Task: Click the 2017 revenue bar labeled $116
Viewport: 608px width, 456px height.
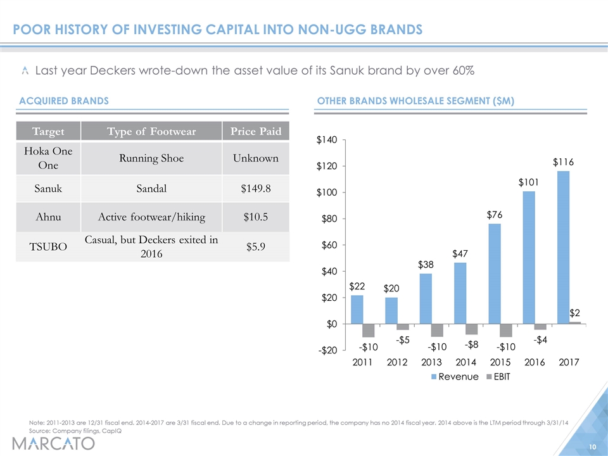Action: [564, 248]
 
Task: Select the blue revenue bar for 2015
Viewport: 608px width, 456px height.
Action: [495, 274]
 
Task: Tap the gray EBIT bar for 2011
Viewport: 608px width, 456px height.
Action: [369, 331]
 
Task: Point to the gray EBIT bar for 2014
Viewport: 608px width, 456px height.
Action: [472, 329]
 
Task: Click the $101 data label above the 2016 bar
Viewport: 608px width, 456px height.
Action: [528, 182]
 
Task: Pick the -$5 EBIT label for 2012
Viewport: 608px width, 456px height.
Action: [403, 340]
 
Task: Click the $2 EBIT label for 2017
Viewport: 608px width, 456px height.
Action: [574, 312]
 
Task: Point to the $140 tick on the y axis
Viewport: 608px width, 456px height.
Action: [327, 139]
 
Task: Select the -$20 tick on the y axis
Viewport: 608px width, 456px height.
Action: [327, 350]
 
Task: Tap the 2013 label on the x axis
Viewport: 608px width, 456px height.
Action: [431, 362]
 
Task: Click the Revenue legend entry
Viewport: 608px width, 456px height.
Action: [455, 377]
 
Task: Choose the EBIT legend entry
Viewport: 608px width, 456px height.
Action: [498, 377]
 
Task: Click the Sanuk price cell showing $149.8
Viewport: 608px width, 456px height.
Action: [255, 189]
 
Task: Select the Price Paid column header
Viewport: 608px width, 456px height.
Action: [256, 131]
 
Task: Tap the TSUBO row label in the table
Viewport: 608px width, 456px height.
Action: [48, 246]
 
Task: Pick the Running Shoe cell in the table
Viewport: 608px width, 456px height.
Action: [151, 158]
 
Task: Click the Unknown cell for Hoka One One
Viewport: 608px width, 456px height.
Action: [255, 158]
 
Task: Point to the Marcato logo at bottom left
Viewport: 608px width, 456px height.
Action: [53, 443]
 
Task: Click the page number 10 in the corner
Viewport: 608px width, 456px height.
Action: [593, 447]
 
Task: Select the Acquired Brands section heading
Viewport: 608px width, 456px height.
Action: [64, 101]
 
